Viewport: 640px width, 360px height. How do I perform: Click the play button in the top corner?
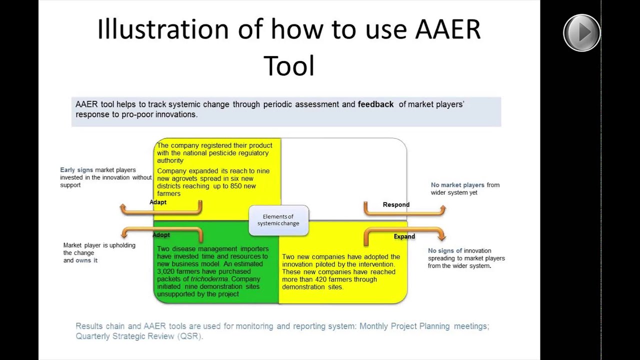click(581, 33)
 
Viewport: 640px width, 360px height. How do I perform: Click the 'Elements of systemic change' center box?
click(278, 220)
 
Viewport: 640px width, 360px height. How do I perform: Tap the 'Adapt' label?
click(158, 202)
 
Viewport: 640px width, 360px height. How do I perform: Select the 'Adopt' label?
click(161, 235)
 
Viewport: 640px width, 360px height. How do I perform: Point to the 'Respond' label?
click(396, 204)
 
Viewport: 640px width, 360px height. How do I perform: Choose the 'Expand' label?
click(404, 236)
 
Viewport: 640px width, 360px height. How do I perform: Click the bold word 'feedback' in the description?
click(375, 104)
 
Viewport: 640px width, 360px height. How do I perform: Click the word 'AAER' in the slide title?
click(447, 29)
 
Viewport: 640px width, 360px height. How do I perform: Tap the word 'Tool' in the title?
click(288, 66)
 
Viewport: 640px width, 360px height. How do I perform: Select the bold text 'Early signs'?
click(76, 170)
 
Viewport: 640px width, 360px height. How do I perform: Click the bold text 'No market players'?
click(457, 185)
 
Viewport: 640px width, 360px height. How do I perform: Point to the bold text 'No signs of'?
click(445, 251)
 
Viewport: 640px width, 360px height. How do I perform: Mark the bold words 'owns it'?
click(86, 260)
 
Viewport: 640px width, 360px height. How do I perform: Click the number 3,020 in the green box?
click(167, 271)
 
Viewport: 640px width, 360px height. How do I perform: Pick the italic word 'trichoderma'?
click(209, 279)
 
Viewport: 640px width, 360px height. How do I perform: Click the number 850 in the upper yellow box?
click(236, 186)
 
